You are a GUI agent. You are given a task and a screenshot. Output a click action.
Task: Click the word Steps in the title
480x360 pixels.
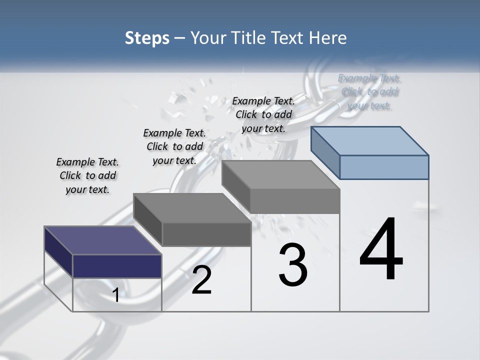click(x=147, y=38)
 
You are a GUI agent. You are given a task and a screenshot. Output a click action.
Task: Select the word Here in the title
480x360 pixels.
click(x=328, y=38)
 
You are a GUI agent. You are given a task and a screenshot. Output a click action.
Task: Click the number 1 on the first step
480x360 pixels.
click(x=115, y=295)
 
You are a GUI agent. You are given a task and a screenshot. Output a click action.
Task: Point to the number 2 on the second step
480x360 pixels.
click(x=201, y=280)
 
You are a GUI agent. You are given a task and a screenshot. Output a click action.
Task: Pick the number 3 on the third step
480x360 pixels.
click(x=292, y=265)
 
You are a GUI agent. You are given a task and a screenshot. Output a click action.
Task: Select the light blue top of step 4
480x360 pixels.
click(x=370, y=140)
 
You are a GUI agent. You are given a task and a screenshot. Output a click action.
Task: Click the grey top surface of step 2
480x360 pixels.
click(x=192, y=208)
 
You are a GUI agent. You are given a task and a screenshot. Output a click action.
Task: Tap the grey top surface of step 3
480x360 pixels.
click(x=281, y=174)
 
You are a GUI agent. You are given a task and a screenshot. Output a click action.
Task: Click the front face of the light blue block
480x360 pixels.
click(x=384, y=167)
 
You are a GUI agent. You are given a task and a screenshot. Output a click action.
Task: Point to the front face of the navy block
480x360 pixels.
click(x=117, y=266)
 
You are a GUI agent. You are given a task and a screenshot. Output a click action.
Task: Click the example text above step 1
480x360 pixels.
click(x=87, y=175)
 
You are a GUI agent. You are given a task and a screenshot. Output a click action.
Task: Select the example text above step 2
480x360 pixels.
click(x=174, y=146)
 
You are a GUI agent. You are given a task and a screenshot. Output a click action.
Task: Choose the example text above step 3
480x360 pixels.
click(x=263, y=114)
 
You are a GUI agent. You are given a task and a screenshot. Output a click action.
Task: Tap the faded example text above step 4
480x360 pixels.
click(x=369, y=91)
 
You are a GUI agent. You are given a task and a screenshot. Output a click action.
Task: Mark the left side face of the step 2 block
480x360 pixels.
click(x=148, y=220)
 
